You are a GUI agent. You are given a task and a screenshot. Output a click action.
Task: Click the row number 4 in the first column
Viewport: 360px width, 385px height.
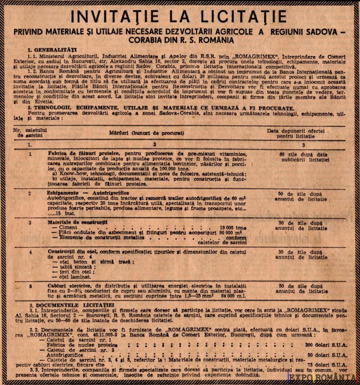coord(30,252)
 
